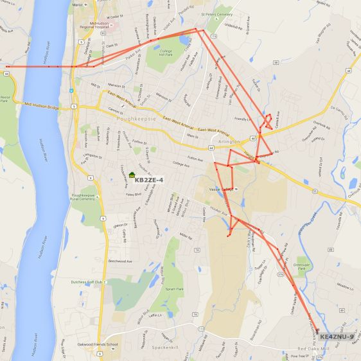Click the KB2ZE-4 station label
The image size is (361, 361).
tap(149, 180)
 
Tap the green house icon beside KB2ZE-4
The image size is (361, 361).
tap(132, 175)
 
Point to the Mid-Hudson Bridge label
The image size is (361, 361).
tap(42, 105)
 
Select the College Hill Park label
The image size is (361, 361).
tap(166, 53)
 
